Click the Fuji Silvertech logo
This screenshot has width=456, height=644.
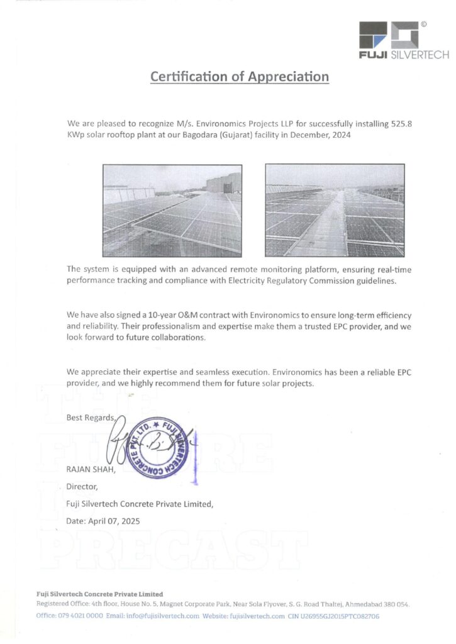(x=403, y=40)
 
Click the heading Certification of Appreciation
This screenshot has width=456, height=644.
(x=240, y=77)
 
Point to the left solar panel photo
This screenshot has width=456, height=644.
(x=172, y=209)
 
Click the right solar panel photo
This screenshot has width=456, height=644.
(x=335, y=209)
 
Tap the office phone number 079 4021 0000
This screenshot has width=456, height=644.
(x=80, y=616)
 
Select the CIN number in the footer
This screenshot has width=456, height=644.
(x=343, y=616)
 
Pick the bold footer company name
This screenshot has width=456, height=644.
(x=99, y=594)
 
